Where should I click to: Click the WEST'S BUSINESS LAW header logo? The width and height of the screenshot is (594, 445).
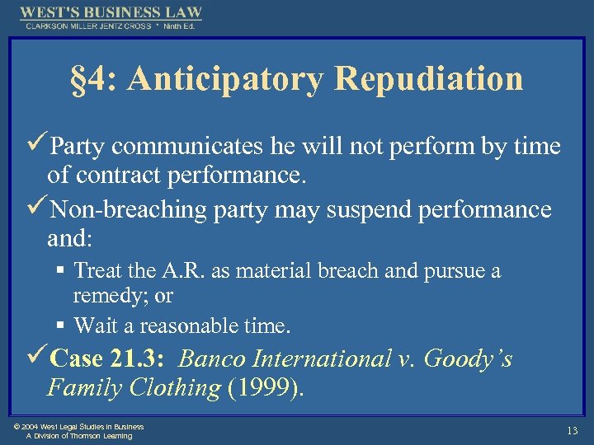coord(111,13)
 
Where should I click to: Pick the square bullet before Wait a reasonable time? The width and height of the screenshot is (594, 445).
coord(63,326)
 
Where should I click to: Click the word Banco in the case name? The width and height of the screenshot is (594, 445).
coord(209,359)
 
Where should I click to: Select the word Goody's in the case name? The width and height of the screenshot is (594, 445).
coord(472,359)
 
